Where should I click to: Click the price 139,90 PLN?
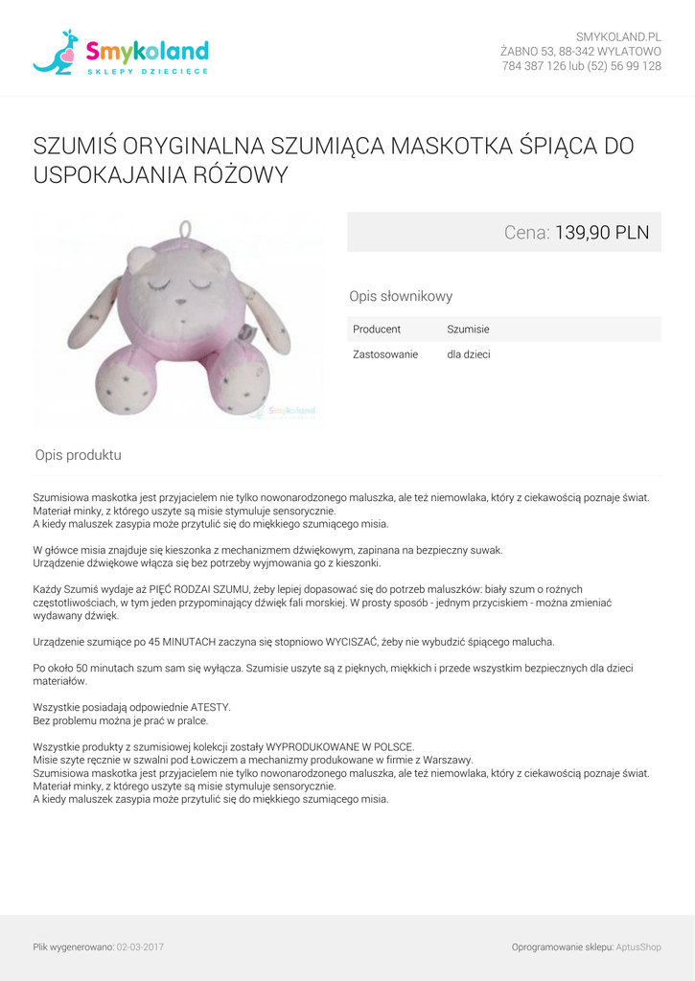coord(602,232)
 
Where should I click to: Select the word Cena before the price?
coord(525,232)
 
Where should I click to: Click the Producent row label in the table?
coord(377,330)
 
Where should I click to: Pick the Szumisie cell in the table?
coord(468,330)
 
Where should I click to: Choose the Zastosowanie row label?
coord(385,354)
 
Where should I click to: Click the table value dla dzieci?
coord(469,354)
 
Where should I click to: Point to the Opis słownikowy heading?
coord(401,297)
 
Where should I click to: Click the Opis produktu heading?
coord(79,455)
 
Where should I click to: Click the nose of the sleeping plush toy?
coord(180,303)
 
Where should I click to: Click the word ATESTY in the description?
coord(211,707)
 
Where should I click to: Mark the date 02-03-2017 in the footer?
coord(140,947)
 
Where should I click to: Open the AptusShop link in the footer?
coord(638,947)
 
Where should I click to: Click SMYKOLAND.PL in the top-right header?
coord(618,36)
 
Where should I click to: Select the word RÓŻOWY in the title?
coord(240,175)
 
